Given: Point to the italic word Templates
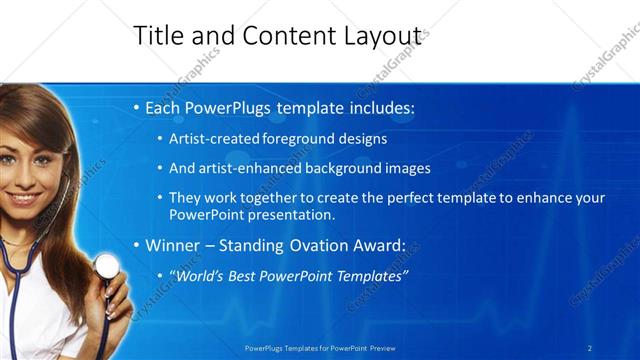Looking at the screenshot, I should pos(370,275).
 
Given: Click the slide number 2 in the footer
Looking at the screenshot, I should pos(590,348).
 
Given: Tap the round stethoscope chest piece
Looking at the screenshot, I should pos(106,265).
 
